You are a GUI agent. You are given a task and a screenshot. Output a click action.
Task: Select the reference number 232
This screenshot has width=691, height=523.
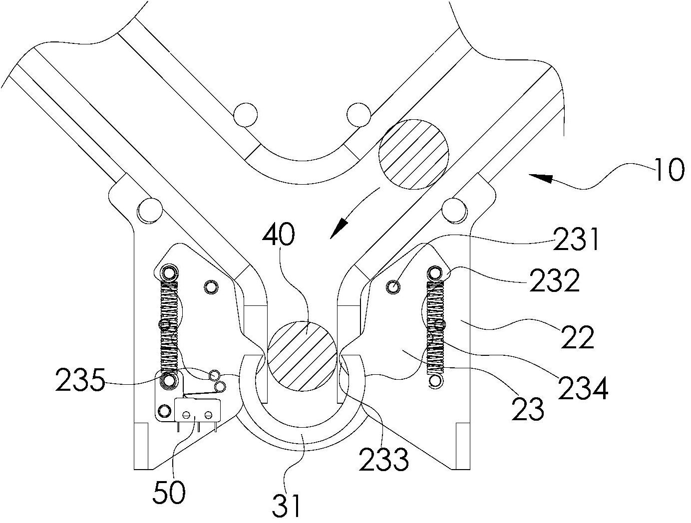tap(554, 279)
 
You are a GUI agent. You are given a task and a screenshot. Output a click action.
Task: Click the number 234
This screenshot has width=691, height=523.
tap(583, 387)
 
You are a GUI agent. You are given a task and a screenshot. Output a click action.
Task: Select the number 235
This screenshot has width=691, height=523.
tap(80, 380)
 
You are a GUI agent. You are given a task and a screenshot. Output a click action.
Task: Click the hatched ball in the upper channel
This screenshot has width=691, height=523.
tap(413, 154)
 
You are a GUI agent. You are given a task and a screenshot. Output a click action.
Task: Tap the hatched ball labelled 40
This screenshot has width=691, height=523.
tap(302, 356)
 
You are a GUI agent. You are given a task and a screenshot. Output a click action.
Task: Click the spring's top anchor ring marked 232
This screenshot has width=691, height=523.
tap(435, 272)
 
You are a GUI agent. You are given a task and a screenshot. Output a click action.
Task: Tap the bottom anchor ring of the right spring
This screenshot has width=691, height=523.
tap(435, 381)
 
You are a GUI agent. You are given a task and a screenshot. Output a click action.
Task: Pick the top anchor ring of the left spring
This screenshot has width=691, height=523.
tap(168, 271)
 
